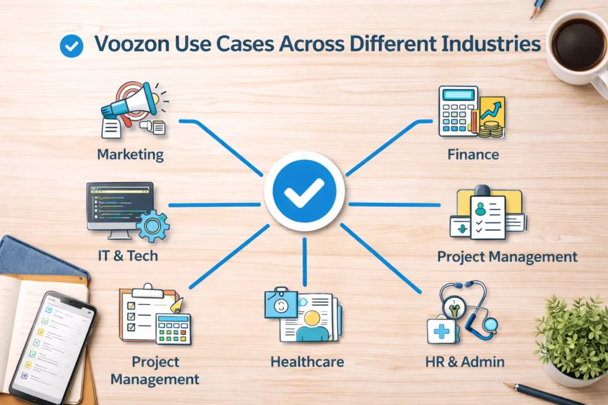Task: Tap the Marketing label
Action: tap(130, 155)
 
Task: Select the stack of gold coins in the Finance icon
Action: tap(490, 129)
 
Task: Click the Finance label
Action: tap(473, 155)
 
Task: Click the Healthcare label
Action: tap(307, 361)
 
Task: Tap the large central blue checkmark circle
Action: tap(304, 190)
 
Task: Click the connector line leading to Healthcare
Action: tap(304, 261)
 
